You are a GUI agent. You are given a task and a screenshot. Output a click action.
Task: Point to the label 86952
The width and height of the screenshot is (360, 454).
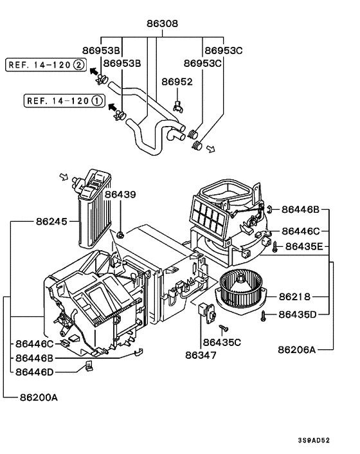coord(176,82)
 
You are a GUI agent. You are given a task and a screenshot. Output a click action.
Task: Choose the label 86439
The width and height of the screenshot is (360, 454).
coord(121,194)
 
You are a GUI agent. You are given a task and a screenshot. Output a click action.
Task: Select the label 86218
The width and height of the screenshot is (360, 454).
coord(294,296)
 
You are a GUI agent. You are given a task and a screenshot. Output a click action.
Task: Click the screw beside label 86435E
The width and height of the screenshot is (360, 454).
coord(274,246)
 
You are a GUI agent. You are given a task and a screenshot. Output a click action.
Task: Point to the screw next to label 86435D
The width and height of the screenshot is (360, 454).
coord(265,314)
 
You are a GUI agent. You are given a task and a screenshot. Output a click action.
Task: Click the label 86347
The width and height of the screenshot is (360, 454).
coord(201,354)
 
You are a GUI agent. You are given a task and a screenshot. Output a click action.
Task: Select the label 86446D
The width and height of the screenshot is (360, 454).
coord(36,371)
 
